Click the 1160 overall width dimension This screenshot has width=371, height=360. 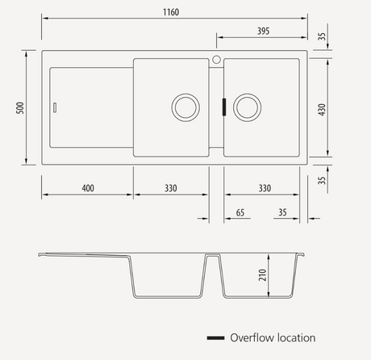[171, 12]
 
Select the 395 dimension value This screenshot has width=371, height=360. [263, 31]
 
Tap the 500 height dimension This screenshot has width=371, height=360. [20, 107]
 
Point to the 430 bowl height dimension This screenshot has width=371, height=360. [322, 110]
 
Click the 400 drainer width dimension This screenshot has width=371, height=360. [88, 188]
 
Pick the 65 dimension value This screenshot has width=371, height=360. [240, 212]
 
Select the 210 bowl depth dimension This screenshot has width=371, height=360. [262, 275]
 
